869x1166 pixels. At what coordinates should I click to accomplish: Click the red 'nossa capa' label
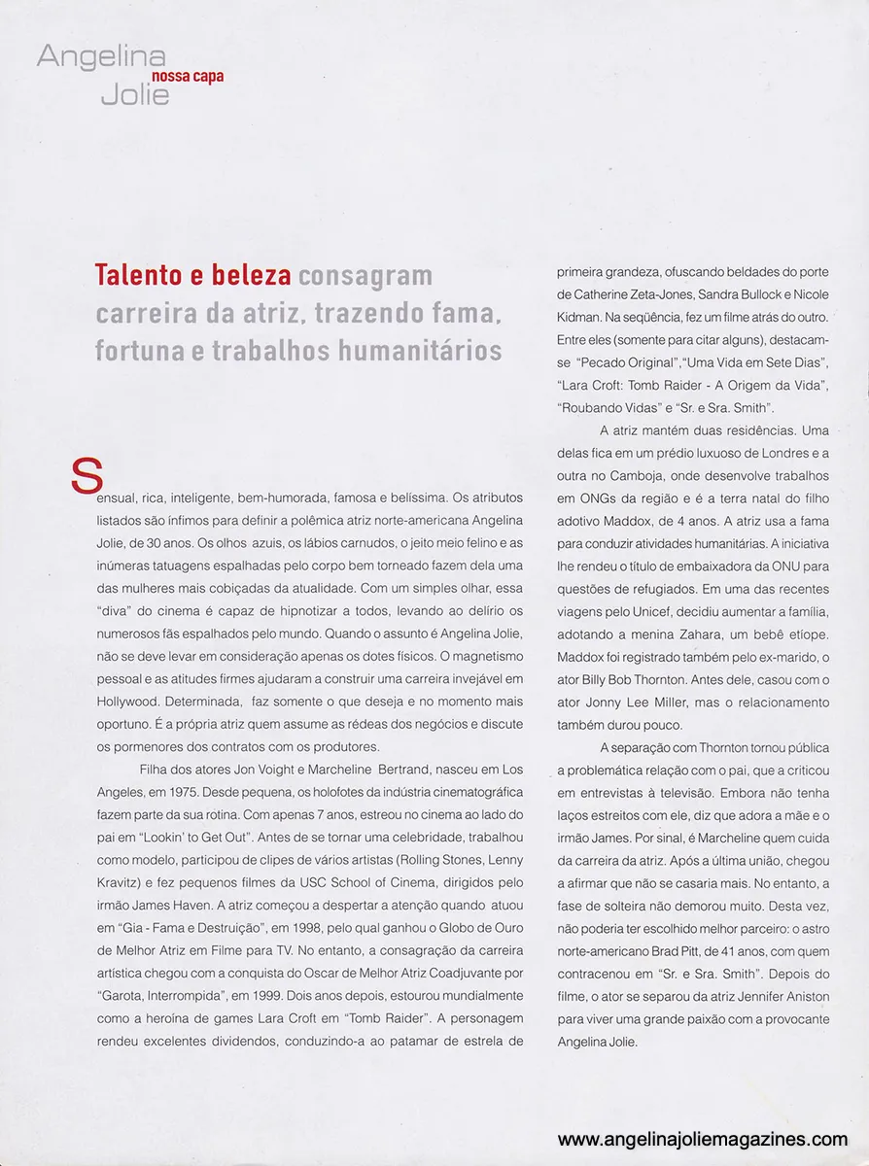click(188, 77)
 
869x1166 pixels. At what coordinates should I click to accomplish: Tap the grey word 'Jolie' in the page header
click(134, 94)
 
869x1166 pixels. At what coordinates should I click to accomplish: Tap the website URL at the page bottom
click(703, 1140)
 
